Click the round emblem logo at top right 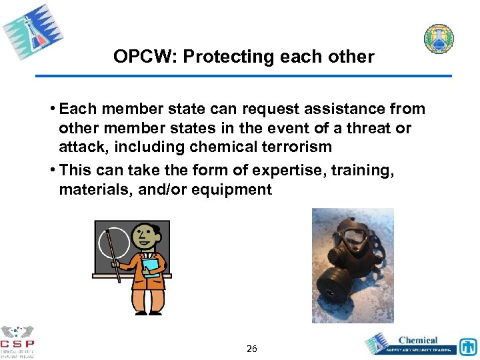[x=439, y=39]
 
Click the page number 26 [x=251, y=348]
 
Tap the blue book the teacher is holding [x=151, y=267]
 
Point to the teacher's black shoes [x=147, y=312]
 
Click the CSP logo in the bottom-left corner [x=18, y=341]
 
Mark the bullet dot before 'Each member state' [x=53, y=109]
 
